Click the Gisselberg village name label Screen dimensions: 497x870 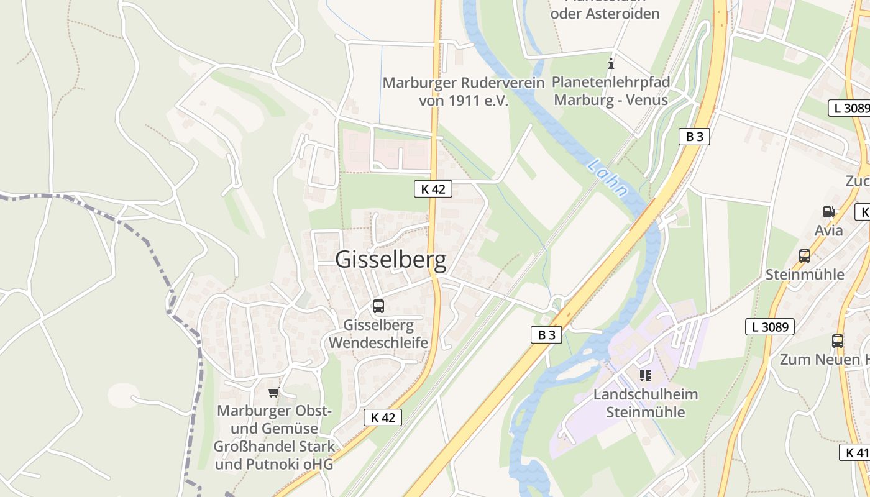click(391, 260)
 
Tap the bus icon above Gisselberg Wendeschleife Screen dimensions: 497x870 click(378, 306)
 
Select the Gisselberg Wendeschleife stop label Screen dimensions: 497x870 click(378, 334)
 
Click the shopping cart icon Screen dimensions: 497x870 click(273, 392)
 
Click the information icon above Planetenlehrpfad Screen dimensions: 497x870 click(611, 63)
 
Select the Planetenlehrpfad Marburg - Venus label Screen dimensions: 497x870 click(610, 91)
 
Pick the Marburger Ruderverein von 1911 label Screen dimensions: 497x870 click(464, 91)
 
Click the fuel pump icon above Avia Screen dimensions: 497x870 click(828, 212)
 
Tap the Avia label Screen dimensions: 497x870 click(829, 230)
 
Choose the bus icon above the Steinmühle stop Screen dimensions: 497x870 click(805, 255)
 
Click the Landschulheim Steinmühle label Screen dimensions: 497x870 click(646, 403)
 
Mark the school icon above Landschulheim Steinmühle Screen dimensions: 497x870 click(645, 375)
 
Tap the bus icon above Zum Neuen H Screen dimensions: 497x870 click(838, 340)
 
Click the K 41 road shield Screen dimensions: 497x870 click(856, 452)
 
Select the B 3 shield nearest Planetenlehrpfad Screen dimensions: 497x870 click(694, 137)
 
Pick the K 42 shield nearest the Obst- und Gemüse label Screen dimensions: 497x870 click(383, 417)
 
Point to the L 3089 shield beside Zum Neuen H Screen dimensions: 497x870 click(769, 326)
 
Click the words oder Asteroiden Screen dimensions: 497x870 click(605, 13)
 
